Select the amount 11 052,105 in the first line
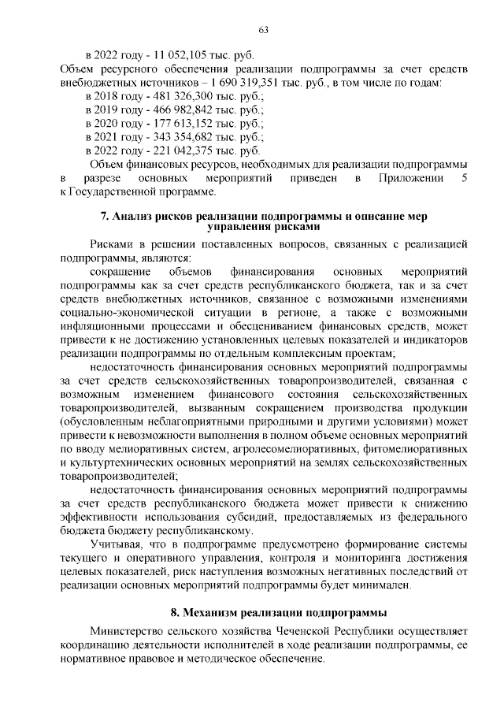coord(183,55)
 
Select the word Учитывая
coord(117,544)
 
